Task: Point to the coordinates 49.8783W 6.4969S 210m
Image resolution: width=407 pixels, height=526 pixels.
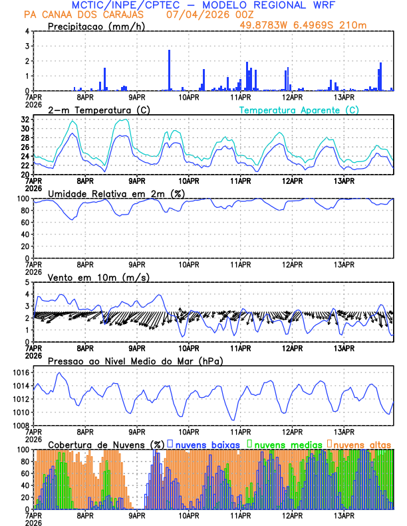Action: tap(303, 25)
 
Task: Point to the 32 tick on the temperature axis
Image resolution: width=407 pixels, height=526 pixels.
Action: tap(25, 120)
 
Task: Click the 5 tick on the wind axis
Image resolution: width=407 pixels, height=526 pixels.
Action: tap(27, 282)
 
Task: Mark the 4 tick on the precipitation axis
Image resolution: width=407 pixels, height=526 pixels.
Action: tap(27, 31)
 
